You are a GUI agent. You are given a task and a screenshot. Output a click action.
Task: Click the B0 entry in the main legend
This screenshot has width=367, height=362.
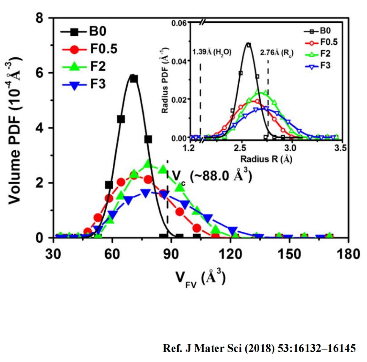pos(83,31)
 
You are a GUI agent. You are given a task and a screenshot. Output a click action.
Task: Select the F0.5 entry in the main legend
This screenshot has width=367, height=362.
pos(90,49)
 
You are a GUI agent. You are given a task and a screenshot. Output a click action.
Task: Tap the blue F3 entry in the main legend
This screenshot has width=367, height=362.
pos(84,84)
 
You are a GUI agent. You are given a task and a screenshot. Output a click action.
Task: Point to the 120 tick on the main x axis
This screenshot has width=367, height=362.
pos(231,254)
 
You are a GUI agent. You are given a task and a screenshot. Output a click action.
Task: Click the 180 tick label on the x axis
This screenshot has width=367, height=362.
pos(349,254)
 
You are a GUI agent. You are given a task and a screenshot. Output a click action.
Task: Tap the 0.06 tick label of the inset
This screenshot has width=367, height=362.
pos(179,23)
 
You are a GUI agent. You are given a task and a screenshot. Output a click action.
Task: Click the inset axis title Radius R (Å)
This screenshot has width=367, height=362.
pos(267,159)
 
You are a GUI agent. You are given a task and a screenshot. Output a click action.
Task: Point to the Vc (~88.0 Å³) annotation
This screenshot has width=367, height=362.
pos(212,176)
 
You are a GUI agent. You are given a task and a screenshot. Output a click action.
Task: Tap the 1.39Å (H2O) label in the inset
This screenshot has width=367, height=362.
pos(212,52)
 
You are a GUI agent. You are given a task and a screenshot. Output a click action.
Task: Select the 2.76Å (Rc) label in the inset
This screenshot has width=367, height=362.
pos(277,52)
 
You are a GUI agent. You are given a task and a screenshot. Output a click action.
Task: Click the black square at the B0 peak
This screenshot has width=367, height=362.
pos(134,79)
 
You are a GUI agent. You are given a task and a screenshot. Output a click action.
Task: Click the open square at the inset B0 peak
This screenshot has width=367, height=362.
pos(249,45)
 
